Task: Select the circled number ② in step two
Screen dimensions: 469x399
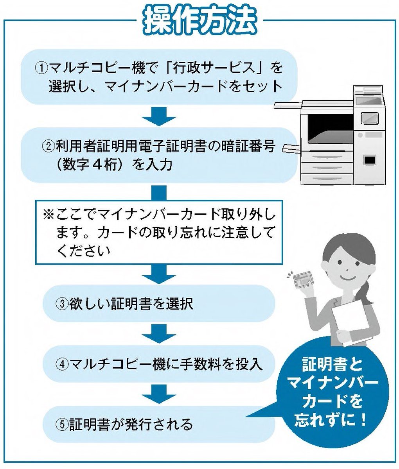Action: pos(49,147)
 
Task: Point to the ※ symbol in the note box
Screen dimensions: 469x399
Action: pos(49,215)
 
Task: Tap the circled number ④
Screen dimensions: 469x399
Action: pos(63,364)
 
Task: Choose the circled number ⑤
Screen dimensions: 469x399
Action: pos(63,424)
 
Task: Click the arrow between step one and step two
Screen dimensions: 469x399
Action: pos(159,116)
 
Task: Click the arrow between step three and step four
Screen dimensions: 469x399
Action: pos(159,334)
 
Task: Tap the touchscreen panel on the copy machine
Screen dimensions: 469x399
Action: pos(369,117)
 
